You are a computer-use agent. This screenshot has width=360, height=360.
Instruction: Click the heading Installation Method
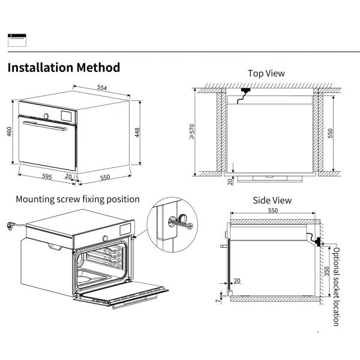(x=64, y=67)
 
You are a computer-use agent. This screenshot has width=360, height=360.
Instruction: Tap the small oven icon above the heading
(x=16, y=40)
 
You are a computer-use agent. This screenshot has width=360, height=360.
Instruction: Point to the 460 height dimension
(x=9, y=131)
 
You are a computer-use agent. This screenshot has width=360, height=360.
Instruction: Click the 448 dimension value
(x=137, y=132)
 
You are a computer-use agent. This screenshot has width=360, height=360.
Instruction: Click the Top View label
(x=266, y=73)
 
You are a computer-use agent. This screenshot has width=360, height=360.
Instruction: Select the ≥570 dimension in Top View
(x=191, y=132)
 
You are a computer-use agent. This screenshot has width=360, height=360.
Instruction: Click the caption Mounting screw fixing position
(x=77, y=199)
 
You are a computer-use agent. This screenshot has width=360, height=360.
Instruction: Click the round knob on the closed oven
(x=46, y=115)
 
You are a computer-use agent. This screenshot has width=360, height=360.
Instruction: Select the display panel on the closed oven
(x=67, y=113)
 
